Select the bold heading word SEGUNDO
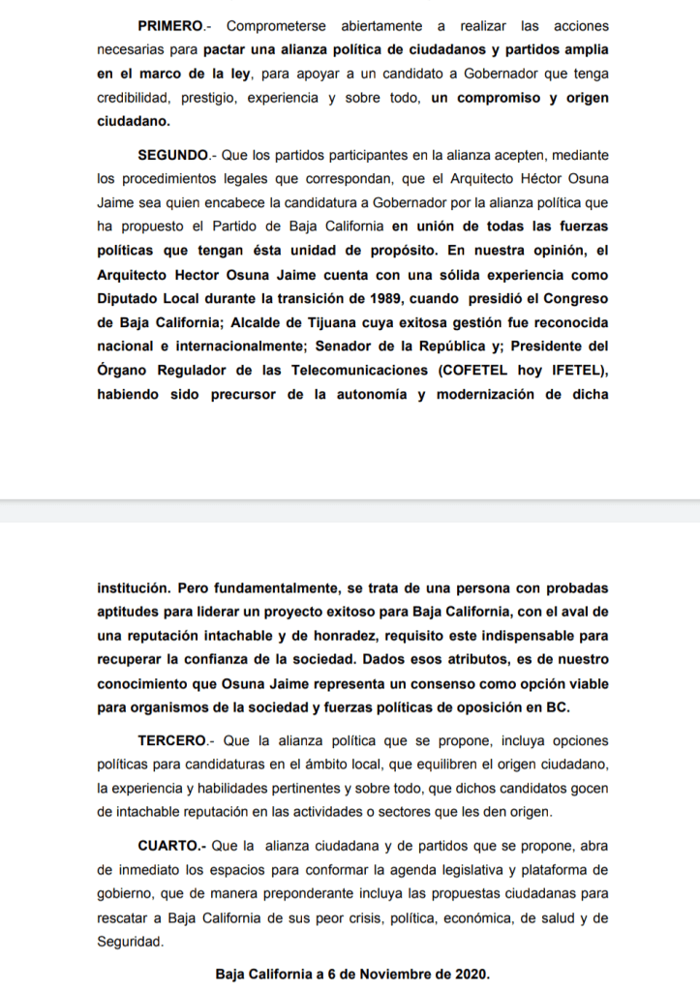[173, 155]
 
